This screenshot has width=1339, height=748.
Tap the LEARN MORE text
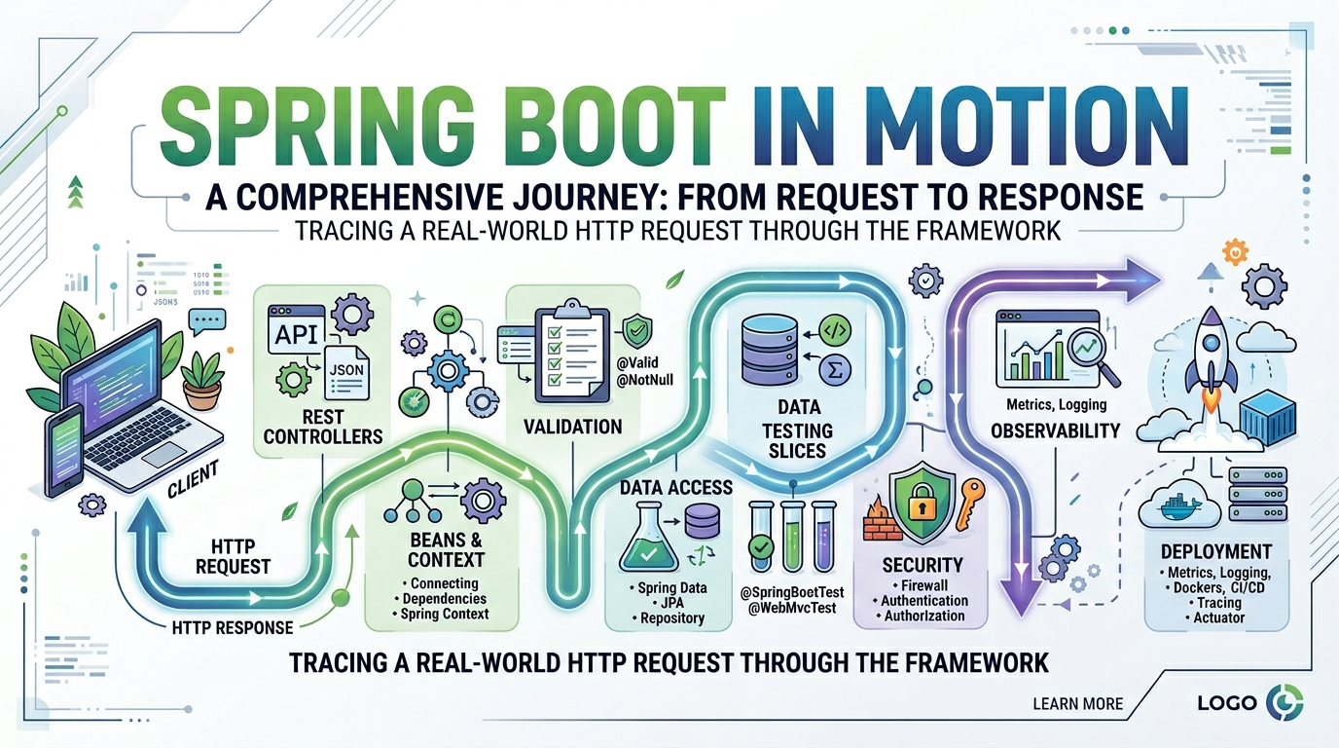pos(1077,703)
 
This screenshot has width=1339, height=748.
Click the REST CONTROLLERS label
pos(323,427)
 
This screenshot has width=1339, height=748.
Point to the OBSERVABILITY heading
pos(1056,430)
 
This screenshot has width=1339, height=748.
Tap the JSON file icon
pos(345,376)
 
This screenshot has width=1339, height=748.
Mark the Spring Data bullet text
pos(671,588)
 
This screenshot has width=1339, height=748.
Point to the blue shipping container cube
pos(1268,416)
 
